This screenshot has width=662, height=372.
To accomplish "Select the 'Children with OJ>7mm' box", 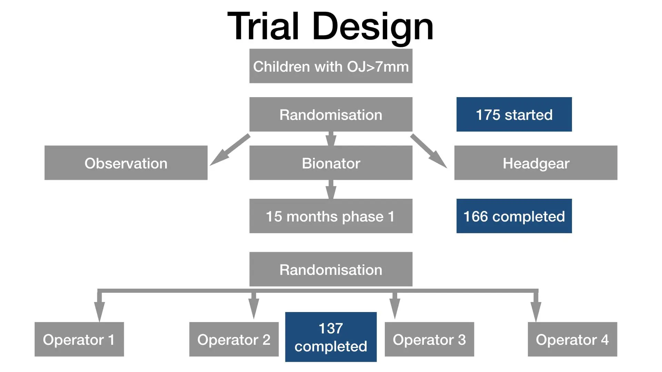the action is coord(331,66).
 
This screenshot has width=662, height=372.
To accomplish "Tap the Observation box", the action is coord(126,163).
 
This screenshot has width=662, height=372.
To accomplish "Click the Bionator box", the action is coord(331,163).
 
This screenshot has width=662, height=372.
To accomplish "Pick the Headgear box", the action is coord(536,163).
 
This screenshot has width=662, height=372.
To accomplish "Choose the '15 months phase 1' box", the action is coord(331,216).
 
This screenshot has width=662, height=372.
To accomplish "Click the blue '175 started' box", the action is coord(514,114).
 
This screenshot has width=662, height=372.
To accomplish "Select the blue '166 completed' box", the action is coord(514,216).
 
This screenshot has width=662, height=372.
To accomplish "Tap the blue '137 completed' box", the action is coord(331,337).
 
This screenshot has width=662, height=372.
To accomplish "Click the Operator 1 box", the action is coord(79,339).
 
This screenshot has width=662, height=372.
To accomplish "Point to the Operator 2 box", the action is coord(234,339).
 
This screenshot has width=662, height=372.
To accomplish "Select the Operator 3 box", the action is coord(429,339).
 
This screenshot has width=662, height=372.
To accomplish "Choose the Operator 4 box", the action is coord(572,339).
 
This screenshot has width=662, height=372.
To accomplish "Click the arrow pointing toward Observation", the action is coord(230,150).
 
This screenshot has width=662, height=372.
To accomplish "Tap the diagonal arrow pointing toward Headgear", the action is coord(429,151).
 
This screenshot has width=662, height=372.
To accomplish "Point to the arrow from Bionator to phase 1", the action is coord(331,189).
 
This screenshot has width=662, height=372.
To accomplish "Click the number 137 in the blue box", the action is coord(331,328).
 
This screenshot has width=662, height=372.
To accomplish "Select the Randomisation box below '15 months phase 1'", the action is coord(331,269).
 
